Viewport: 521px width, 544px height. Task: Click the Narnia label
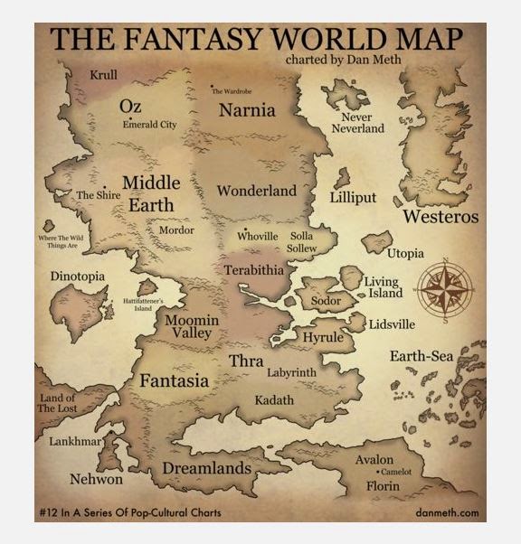pyautogui.click(x=248, y=110)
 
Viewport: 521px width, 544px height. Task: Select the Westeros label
pyautogui.click(x=440, y=217)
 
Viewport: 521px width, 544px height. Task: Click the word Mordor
pyautogui.click(x=176, y=230)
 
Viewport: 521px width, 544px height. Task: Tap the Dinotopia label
pyautogui.click(x=78, y=276)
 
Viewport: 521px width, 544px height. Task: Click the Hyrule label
pyautogui.click(x=322, y=337)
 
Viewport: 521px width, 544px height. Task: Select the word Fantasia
pyautogui.click(x=174, y=381)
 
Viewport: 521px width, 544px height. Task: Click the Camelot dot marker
pyautogui.click(x=377, y=472)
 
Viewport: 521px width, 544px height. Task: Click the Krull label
pyautogui.click(x=103, y=74)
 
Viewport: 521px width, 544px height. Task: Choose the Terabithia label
pyautogui.click(x=254, y=270)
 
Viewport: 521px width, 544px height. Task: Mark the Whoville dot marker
pyautogui.click(x=245, y=229)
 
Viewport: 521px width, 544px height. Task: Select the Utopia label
pyautogui.click(x=404, y=254)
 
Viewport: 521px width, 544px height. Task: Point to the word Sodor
pyautogui.click(x=326, y=299)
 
